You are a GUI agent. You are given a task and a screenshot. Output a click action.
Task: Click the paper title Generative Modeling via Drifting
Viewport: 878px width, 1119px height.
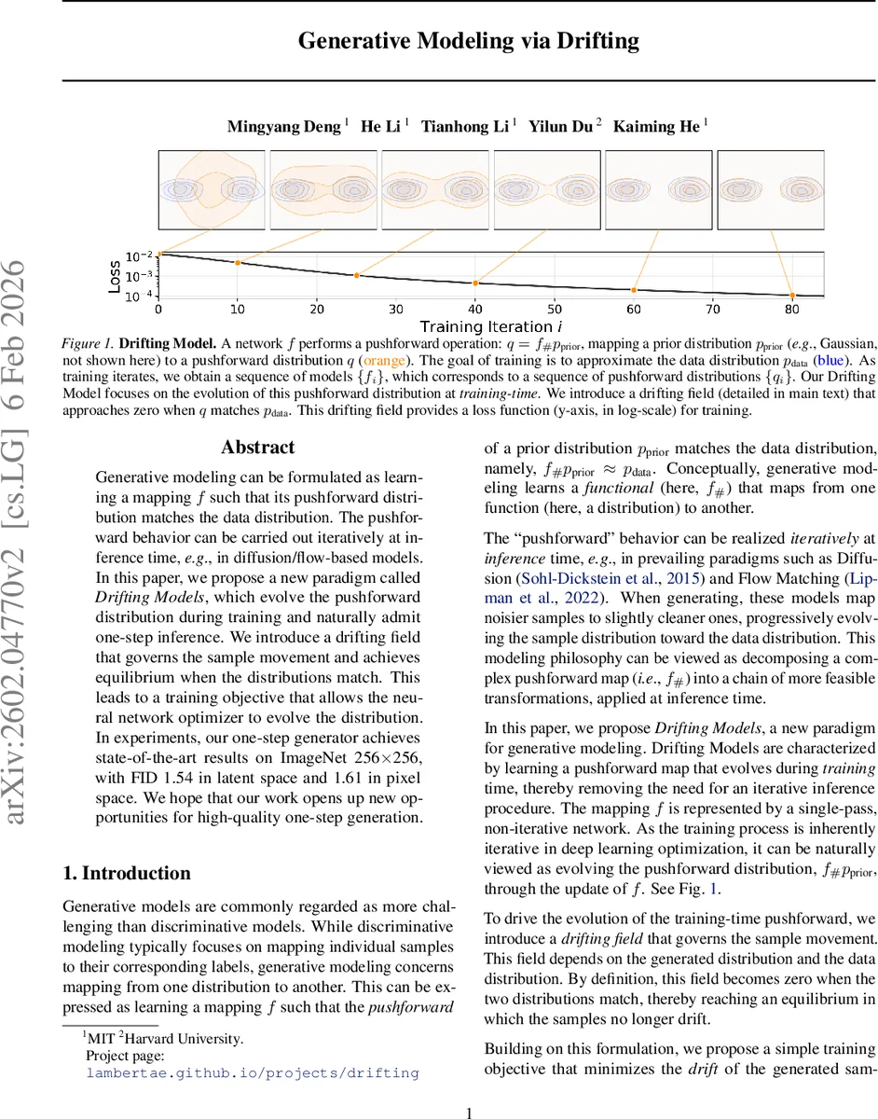[x=469, y=40]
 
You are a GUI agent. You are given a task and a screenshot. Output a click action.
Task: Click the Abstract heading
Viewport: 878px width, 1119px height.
[x=257, y=448]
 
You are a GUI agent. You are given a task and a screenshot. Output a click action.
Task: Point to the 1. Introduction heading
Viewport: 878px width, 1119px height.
[x=126, y=874]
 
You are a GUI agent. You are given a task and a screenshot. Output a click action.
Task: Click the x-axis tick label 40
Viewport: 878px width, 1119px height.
[x=475, y=310]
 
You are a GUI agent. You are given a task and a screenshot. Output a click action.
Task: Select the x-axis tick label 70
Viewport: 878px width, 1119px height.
[x=713, y=310]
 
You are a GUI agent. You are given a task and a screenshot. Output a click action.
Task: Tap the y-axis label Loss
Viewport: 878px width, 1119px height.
[x=115, y=276]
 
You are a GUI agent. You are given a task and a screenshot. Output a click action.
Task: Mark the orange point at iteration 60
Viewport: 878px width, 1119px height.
[x=635, y=291]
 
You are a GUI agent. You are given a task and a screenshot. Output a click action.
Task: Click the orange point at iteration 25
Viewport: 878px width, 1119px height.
[x=357, y=275]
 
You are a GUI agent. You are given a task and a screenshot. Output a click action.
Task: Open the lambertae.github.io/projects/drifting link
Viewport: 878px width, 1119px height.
[x=253, y=1072]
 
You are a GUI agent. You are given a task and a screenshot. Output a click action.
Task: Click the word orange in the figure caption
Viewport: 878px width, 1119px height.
[x=384, y=359]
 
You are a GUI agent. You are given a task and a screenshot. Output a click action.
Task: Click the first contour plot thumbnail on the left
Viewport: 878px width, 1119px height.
[x=213, y=190]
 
